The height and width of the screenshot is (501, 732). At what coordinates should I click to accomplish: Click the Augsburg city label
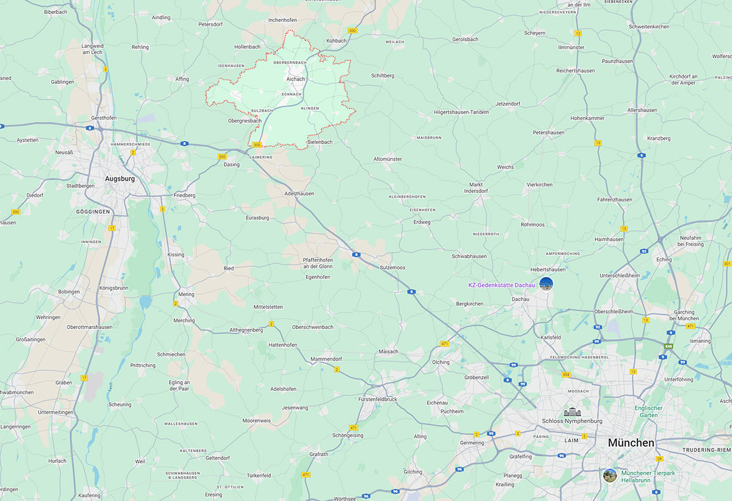tap(120, 179)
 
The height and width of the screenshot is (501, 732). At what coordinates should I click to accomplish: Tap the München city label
tap(631, 442)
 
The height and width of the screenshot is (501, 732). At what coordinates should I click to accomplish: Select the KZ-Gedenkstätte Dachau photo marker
tap(546, 284)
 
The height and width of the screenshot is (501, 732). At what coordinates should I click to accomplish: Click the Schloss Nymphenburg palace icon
tap(572, 413)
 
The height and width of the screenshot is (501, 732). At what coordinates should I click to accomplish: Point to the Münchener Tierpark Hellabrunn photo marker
tap(609, 475)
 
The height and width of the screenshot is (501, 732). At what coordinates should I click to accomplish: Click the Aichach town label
tap(295, 79)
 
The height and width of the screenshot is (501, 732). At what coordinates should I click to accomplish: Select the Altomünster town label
tap(387, 159)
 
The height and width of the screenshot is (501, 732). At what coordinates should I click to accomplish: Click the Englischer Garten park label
tap(648, 412)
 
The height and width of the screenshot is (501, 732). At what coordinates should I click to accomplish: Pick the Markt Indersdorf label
tap(475, 188)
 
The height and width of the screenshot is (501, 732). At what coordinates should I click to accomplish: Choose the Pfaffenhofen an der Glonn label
tap(317, 263)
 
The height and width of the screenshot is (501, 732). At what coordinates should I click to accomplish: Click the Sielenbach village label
tap(320, 142)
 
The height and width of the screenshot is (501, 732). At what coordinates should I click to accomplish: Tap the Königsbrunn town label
tap(111, 287)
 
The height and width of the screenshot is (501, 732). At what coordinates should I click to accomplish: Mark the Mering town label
tap(186, 294)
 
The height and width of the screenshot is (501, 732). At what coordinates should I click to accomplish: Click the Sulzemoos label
tap(392, 268)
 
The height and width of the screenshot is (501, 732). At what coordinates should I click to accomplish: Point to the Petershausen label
tap(548, 132)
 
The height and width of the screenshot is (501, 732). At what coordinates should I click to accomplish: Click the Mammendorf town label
tap(327, 359)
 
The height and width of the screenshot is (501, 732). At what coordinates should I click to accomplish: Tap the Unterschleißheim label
tap(620, 275)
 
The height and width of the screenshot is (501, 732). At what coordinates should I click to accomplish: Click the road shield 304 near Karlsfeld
tap(566, 375)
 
